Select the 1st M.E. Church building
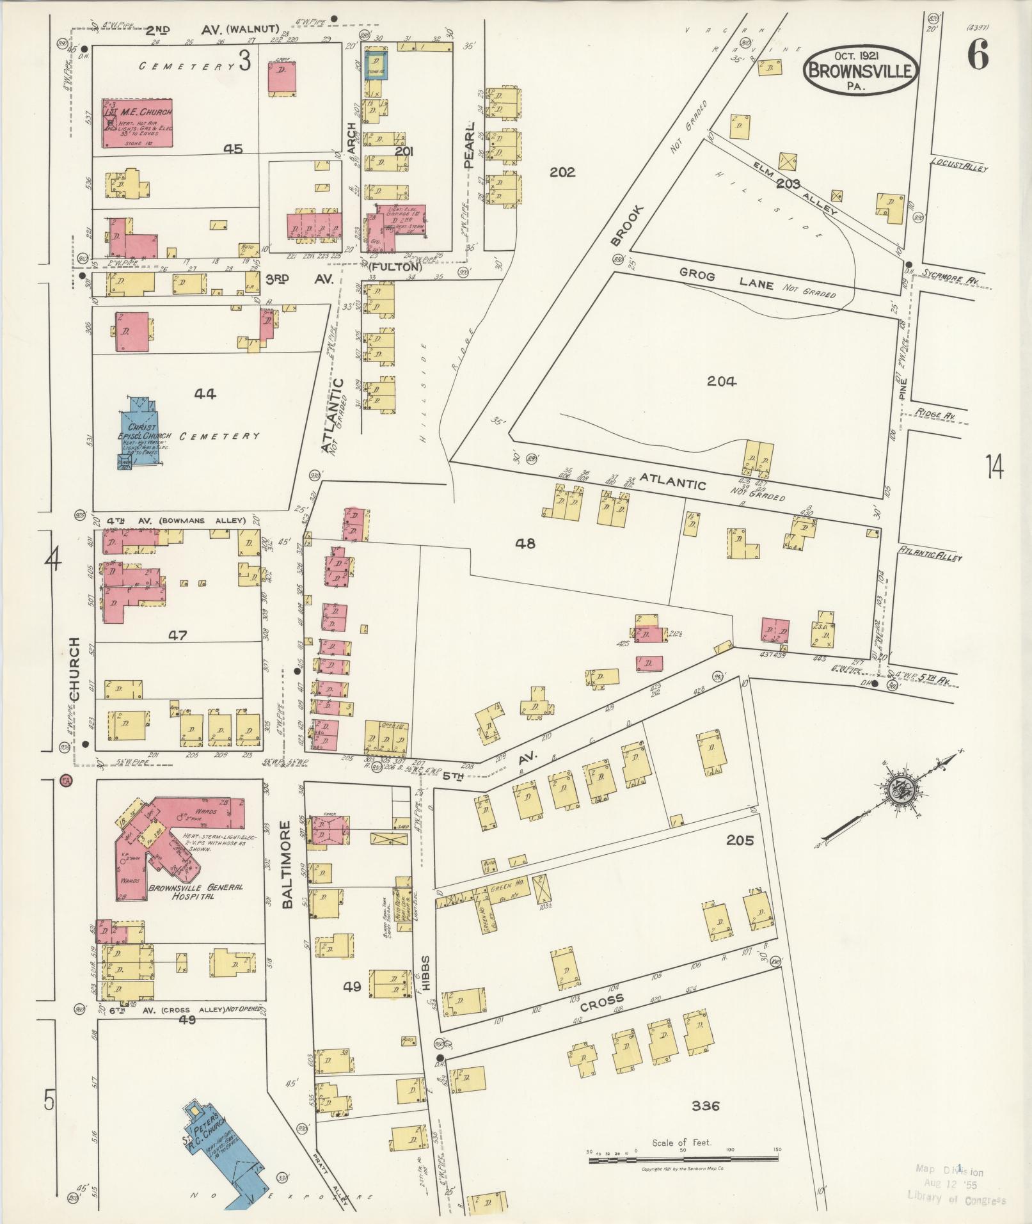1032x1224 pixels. tap(138, 123)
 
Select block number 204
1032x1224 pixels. tap(722, 382)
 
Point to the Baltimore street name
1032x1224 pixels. tap(287, 864)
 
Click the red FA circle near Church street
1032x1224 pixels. tap(65, 781)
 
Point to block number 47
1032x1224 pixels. tap(177, 635)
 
